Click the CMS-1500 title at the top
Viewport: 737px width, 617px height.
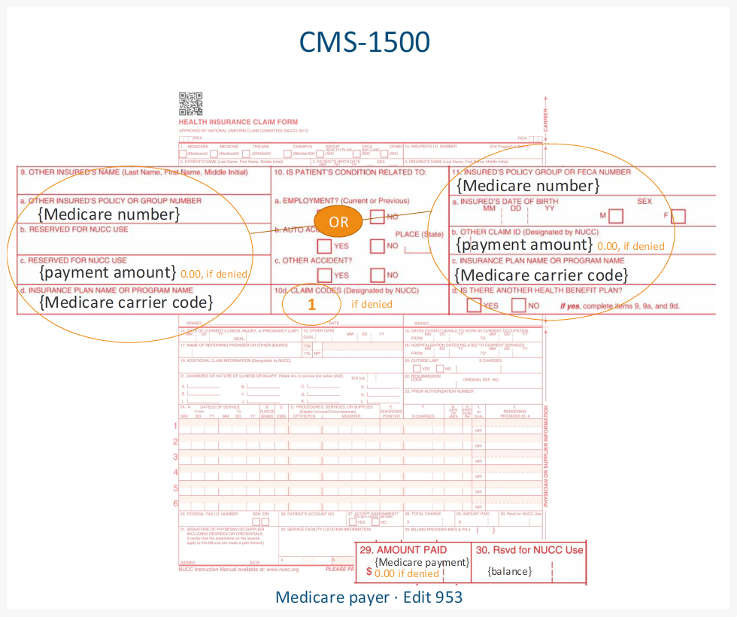[365, 42]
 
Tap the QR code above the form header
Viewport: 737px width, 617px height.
[190, 103]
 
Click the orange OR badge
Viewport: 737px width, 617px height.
[339, 222]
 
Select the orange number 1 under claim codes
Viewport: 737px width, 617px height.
[311, 304]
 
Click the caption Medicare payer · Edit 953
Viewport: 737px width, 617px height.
[368, 597]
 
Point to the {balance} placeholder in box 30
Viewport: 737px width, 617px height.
[509, 571]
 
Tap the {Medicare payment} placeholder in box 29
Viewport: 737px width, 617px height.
[421, 562]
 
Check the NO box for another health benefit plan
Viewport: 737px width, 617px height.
[518, 305]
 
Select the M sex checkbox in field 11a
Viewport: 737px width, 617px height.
[616, 217]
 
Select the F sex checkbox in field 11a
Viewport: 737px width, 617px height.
[678, 217]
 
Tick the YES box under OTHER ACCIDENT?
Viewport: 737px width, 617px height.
[324, 275]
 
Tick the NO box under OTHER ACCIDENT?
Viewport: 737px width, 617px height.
[378, 275]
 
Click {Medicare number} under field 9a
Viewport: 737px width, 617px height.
[109, 214]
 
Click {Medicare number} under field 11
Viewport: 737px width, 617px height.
[528, 185]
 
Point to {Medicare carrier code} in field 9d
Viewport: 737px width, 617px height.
[126, 302]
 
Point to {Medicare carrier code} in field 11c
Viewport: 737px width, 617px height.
[541, 275]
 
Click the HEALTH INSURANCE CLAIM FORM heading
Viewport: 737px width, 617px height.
[238, 122]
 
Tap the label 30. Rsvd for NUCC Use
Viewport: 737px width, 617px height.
[529, 550]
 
